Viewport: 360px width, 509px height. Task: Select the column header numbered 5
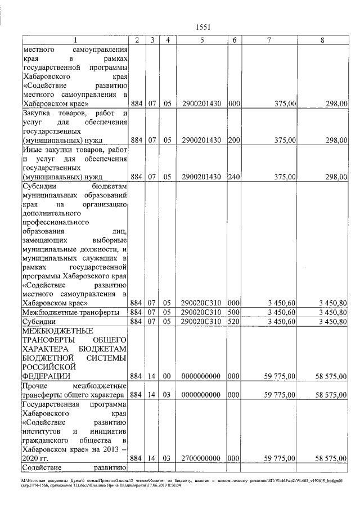point(201,40)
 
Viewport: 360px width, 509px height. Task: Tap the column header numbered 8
point(322,40)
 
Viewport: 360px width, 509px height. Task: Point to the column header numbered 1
point(75,40)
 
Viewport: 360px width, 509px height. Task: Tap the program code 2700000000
point(201,458)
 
